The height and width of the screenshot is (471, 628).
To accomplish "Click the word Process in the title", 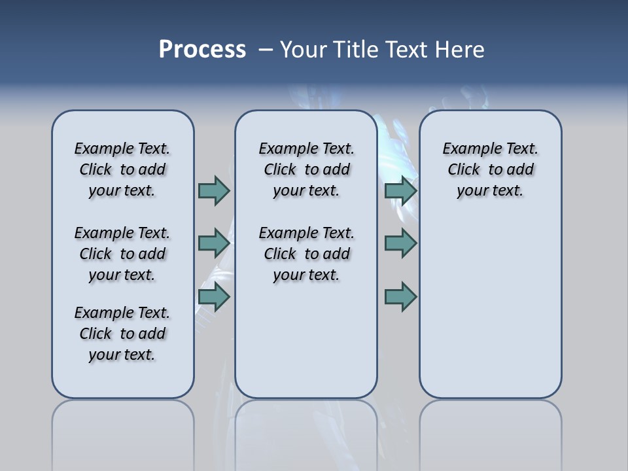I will pos(202,50).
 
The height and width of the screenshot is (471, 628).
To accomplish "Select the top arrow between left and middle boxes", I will pos(214,190).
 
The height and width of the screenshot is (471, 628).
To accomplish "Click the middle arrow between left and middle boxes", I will pos(214,243).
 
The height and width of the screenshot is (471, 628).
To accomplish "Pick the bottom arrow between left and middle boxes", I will pos(214,297).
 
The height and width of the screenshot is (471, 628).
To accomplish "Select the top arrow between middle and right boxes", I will pos(400,190).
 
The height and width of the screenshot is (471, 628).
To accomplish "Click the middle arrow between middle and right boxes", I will pos(400,243).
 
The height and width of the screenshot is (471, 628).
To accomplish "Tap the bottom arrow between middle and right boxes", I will pos(400,297).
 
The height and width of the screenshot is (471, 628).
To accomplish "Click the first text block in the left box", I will pos(122,169).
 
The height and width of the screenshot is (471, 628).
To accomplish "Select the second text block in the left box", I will pos(122,254).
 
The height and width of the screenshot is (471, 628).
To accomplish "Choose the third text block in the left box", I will pos(122,334).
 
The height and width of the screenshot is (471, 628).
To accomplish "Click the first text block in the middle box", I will pos(306,169).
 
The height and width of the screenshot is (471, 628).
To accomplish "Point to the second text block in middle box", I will pos(306,254).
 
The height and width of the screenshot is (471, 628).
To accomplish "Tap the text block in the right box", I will pos(490,169).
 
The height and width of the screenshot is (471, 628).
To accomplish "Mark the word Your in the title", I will pos(304,50).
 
